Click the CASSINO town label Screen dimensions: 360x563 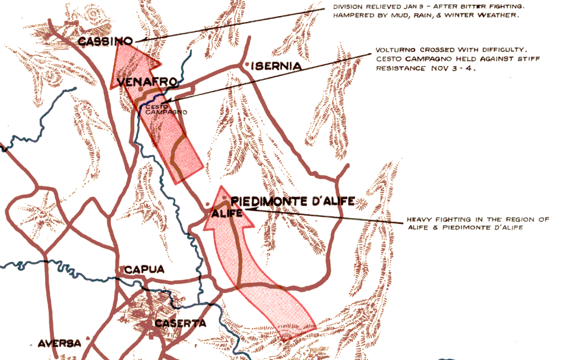[x=105, y=41]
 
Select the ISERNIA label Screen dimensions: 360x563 [x=276, y=66]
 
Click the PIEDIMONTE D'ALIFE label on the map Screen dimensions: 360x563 [x=292, y=201]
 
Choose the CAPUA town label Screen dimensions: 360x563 [x=144, y=270]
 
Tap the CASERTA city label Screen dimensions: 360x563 [x=180, y=323]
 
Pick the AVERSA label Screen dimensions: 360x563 [x=59, y=343]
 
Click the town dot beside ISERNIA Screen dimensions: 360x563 [x=245, y=64]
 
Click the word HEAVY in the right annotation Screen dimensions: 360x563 [x=420, y=219]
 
